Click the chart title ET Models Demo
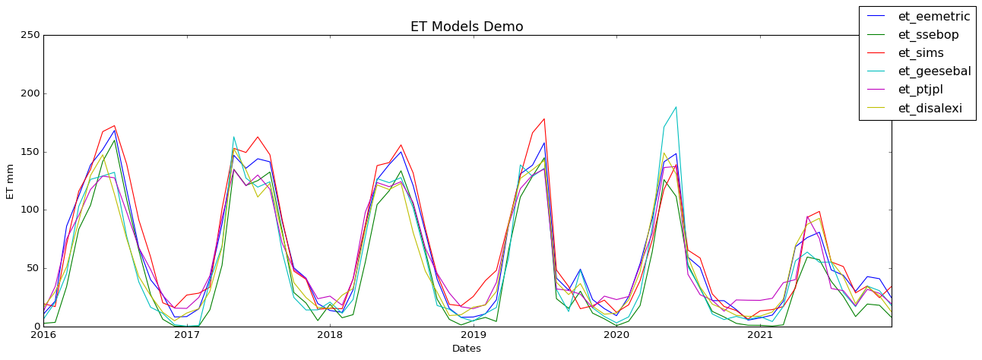tap(467, 27)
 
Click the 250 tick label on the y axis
tap(29, 36)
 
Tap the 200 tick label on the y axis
tap(29, 94)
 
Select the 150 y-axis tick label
tap(29, 152)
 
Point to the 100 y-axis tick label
tap(29, 210)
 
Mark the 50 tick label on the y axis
tap(31, 268)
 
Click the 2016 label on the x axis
tap(43, 334)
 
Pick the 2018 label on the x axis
tap(330, 334)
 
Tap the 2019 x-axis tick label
tap(473, 334)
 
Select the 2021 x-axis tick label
tap(759, 334)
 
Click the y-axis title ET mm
tap(11, 181)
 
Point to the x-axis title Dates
tap(467, 349)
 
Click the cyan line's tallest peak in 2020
tap(676, 107)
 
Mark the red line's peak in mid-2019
tap(544, 118)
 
